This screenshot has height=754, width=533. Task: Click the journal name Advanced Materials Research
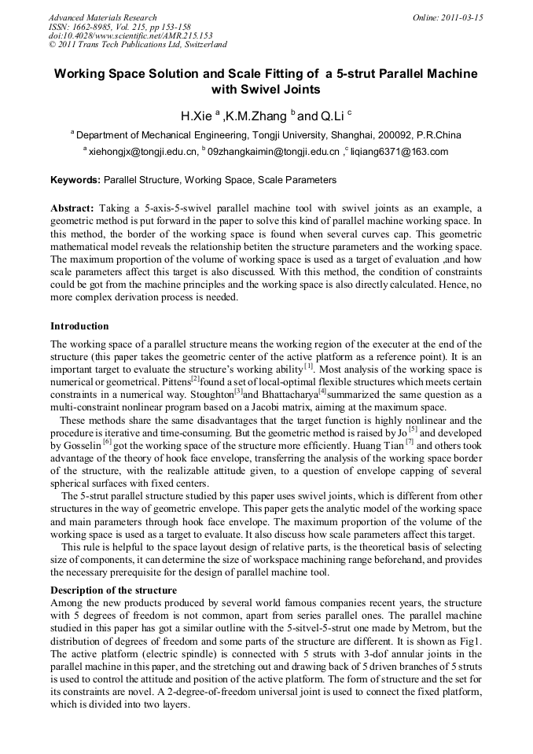pos(102,17)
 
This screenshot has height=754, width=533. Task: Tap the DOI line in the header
pos(130,35)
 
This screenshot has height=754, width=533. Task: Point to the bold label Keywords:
pos(75,180)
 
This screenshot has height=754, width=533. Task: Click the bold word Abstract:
pos(72,208)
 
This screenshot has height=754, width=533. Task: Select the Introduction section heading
pos(79,326)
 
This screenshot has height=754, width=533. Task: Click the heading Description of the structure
pos(113,590)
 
